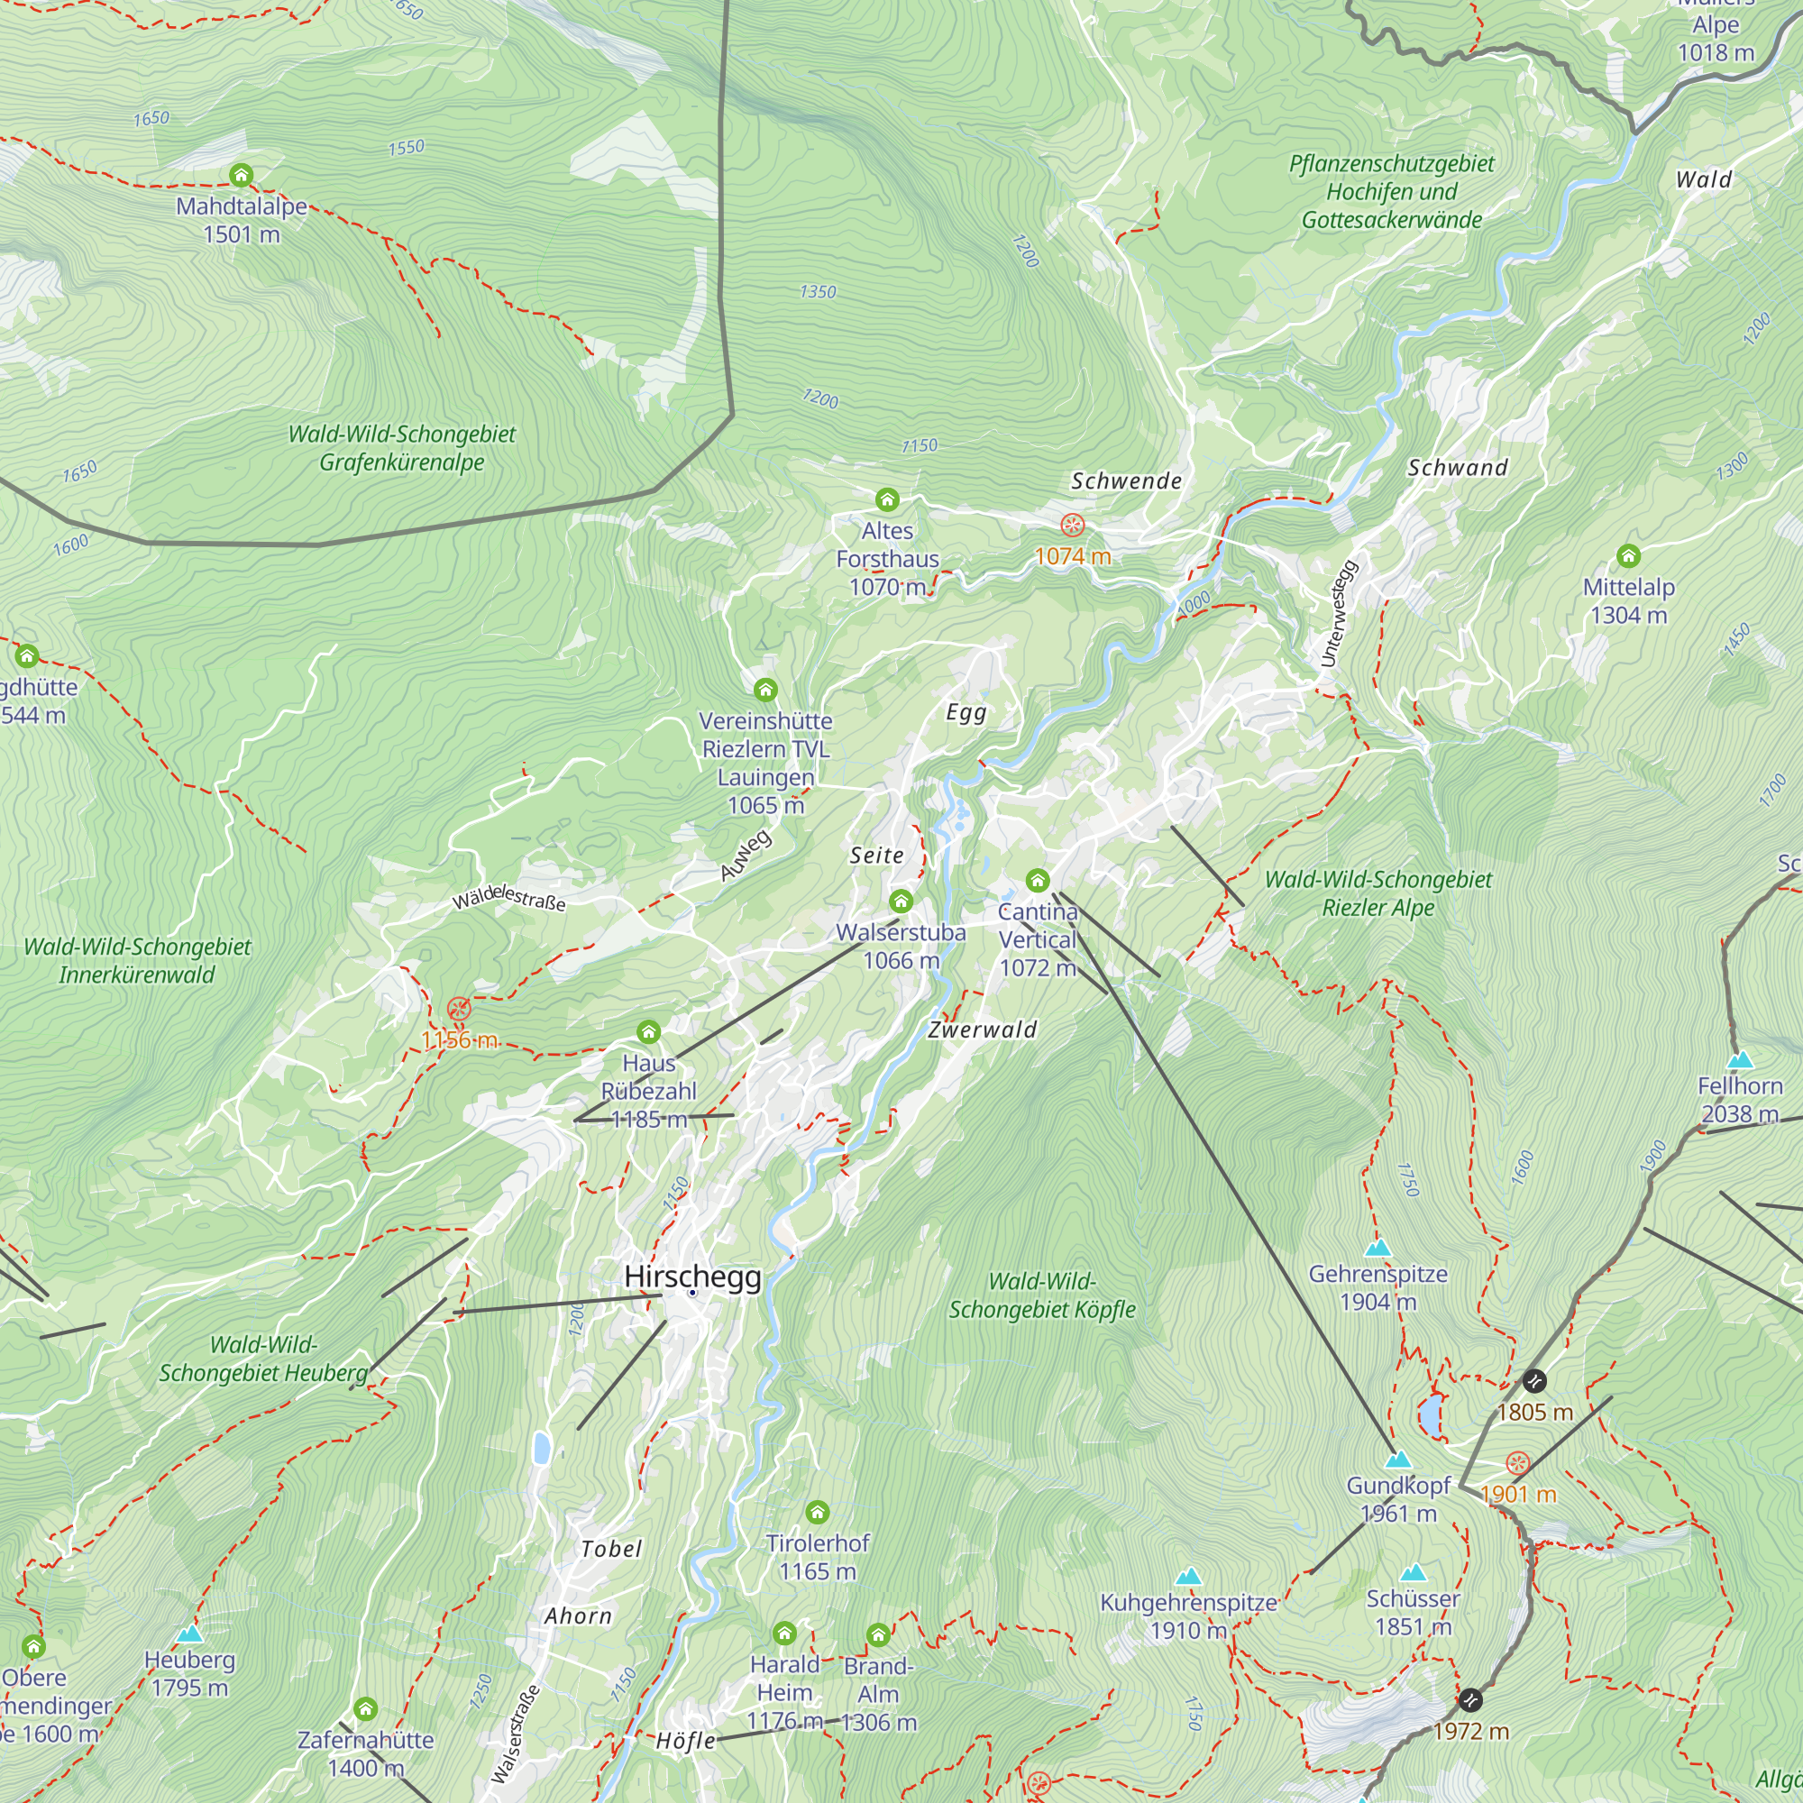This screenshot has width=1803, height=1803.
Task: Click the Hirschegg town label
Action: tap(692, 1277)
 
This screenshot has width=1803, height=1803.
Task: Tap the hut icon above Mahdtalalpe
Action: tap(241, 175)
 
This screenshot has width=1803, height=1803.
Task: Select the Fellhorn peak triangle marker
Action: tap(1740, 1061)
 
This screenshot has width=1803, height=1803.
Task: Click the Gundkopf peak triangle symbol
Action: tap(1397, 1460)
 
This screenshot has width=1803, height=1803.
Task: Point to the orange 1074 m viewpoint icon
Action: tap(1072, 526)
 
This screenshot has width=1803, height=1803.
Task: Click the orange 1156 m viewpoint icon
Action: tap(458, 1009)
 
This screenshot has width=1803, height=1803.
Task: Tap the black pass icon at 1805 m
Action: tap(1534, 1380)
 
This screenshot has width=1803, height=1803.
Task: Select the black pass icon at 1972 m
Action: tap(1469, 1699)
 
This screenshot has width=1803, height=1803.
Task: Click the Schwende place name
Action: tap(1126, 481)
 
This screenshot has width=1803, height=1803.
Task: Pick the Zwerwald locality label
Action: tap(982, 1030)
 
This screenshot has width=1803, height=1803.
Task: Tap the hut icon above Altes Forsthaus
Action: tap(886, 500)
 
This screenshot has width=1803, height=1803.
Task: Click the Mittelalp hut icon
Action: tap(1628, 556)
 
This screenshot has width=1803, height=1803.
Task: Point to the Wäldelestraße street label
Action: tap(508, 899)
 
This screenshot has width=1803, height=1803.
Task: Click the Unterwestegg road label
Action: tap(1340, 613)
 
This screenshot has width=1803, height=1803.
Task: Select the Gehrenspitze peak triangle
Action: tap(1377, 1249)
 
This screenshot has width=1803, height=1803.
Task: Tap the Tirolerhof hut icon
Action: tap(818, 1512)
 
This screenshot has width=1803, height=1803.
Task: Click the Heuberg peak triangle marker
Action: tap(189, 1634)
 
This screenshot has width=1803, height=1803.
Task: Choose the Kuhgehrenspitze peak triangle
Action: tap(1187, 1577)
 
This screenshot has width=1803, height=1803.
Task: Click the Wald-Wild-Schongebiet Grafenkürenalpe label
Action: tap(401, 448)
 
